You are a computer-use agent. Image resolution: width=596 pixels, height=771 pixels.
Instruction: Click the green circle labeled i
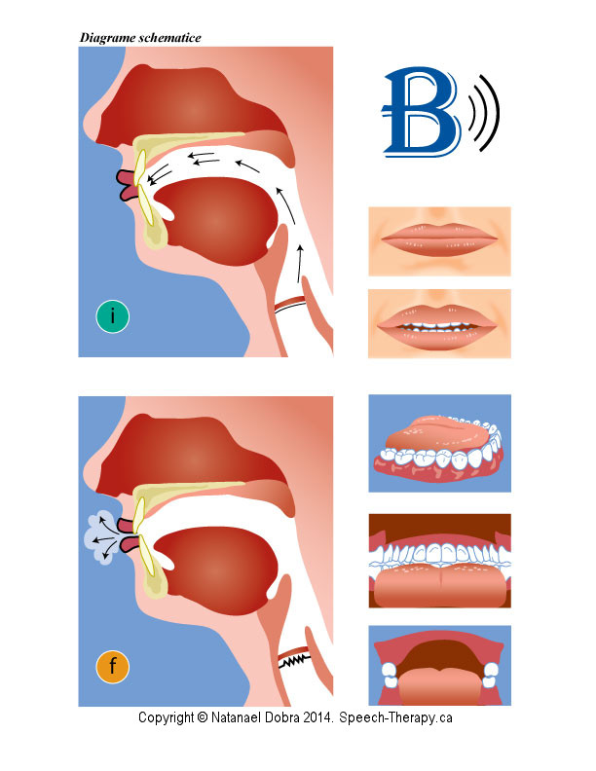coord(113,316)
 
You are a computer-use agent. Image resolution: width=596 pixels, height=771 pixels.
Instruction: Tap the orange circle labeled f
coord(113,666)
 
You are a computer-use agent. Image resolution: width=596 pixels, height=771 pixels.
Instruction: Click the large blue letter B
coord(422,112)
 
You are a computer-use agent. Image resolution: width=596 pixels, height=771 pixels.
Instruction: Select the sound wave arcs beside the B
coord(484,113)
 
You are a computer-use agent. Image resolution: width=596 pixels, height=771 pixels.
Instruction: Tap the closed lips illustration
coord(439,241)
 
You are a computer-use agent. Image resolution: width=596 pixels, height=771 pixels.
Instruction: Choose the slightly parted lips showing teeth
coord(439,323)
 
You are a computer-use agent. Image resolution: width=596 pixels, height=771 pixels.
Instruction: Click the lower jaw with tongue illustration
coord(439,443)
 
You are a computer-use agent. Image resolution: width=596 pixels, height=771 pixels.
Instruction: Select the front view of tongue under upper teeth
coord(439,561)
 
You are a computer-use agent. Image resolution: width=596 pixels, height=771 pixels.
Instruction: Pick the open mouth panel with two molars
coord(439,665)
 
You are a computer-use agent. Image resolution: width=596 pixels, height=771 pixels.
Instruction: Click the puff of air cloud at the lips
coord(102,538)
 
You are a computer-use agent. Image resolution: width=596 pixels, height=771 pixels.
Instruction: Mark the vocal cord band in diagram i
coord(290,305)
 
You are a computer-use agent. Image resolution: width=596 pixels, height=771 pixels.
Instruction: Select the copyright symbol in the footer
coord(203,717)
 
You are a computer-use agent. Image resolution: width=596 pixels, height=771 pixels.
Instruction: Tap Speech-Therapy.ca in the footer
coord(395,717)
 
